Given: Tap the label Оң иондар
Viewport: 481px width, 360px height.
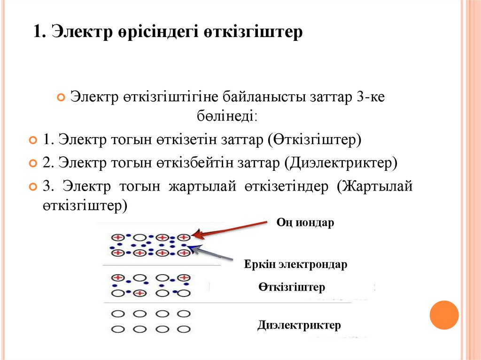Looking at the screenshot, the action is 305,222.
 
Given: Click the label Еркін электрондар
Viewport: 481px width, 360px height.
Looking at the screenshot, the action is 295,264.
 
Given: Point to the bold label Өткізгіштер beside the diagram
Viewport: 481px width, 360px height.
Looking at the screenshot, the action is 291,287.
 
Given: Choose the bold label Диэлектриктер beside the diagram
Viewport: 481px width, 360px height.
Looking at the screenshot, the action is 299,325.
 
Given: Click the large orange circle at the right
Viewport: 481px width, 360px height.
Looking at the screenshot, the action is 444,314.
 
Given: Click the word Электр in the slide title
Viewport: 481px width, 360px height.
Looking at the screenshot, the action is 82,32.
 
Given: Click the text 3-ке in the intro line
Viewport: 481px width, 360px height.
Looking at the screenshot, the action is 371,98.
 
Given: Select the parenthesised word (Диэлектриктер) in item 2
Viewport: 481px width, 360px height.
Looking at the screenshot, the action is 341,162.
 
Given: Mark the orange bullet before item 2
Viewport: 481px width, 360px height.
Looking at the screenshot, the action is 32,163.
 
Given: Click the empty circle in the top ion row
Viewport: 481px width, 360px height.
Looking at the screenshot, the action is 140,237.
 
